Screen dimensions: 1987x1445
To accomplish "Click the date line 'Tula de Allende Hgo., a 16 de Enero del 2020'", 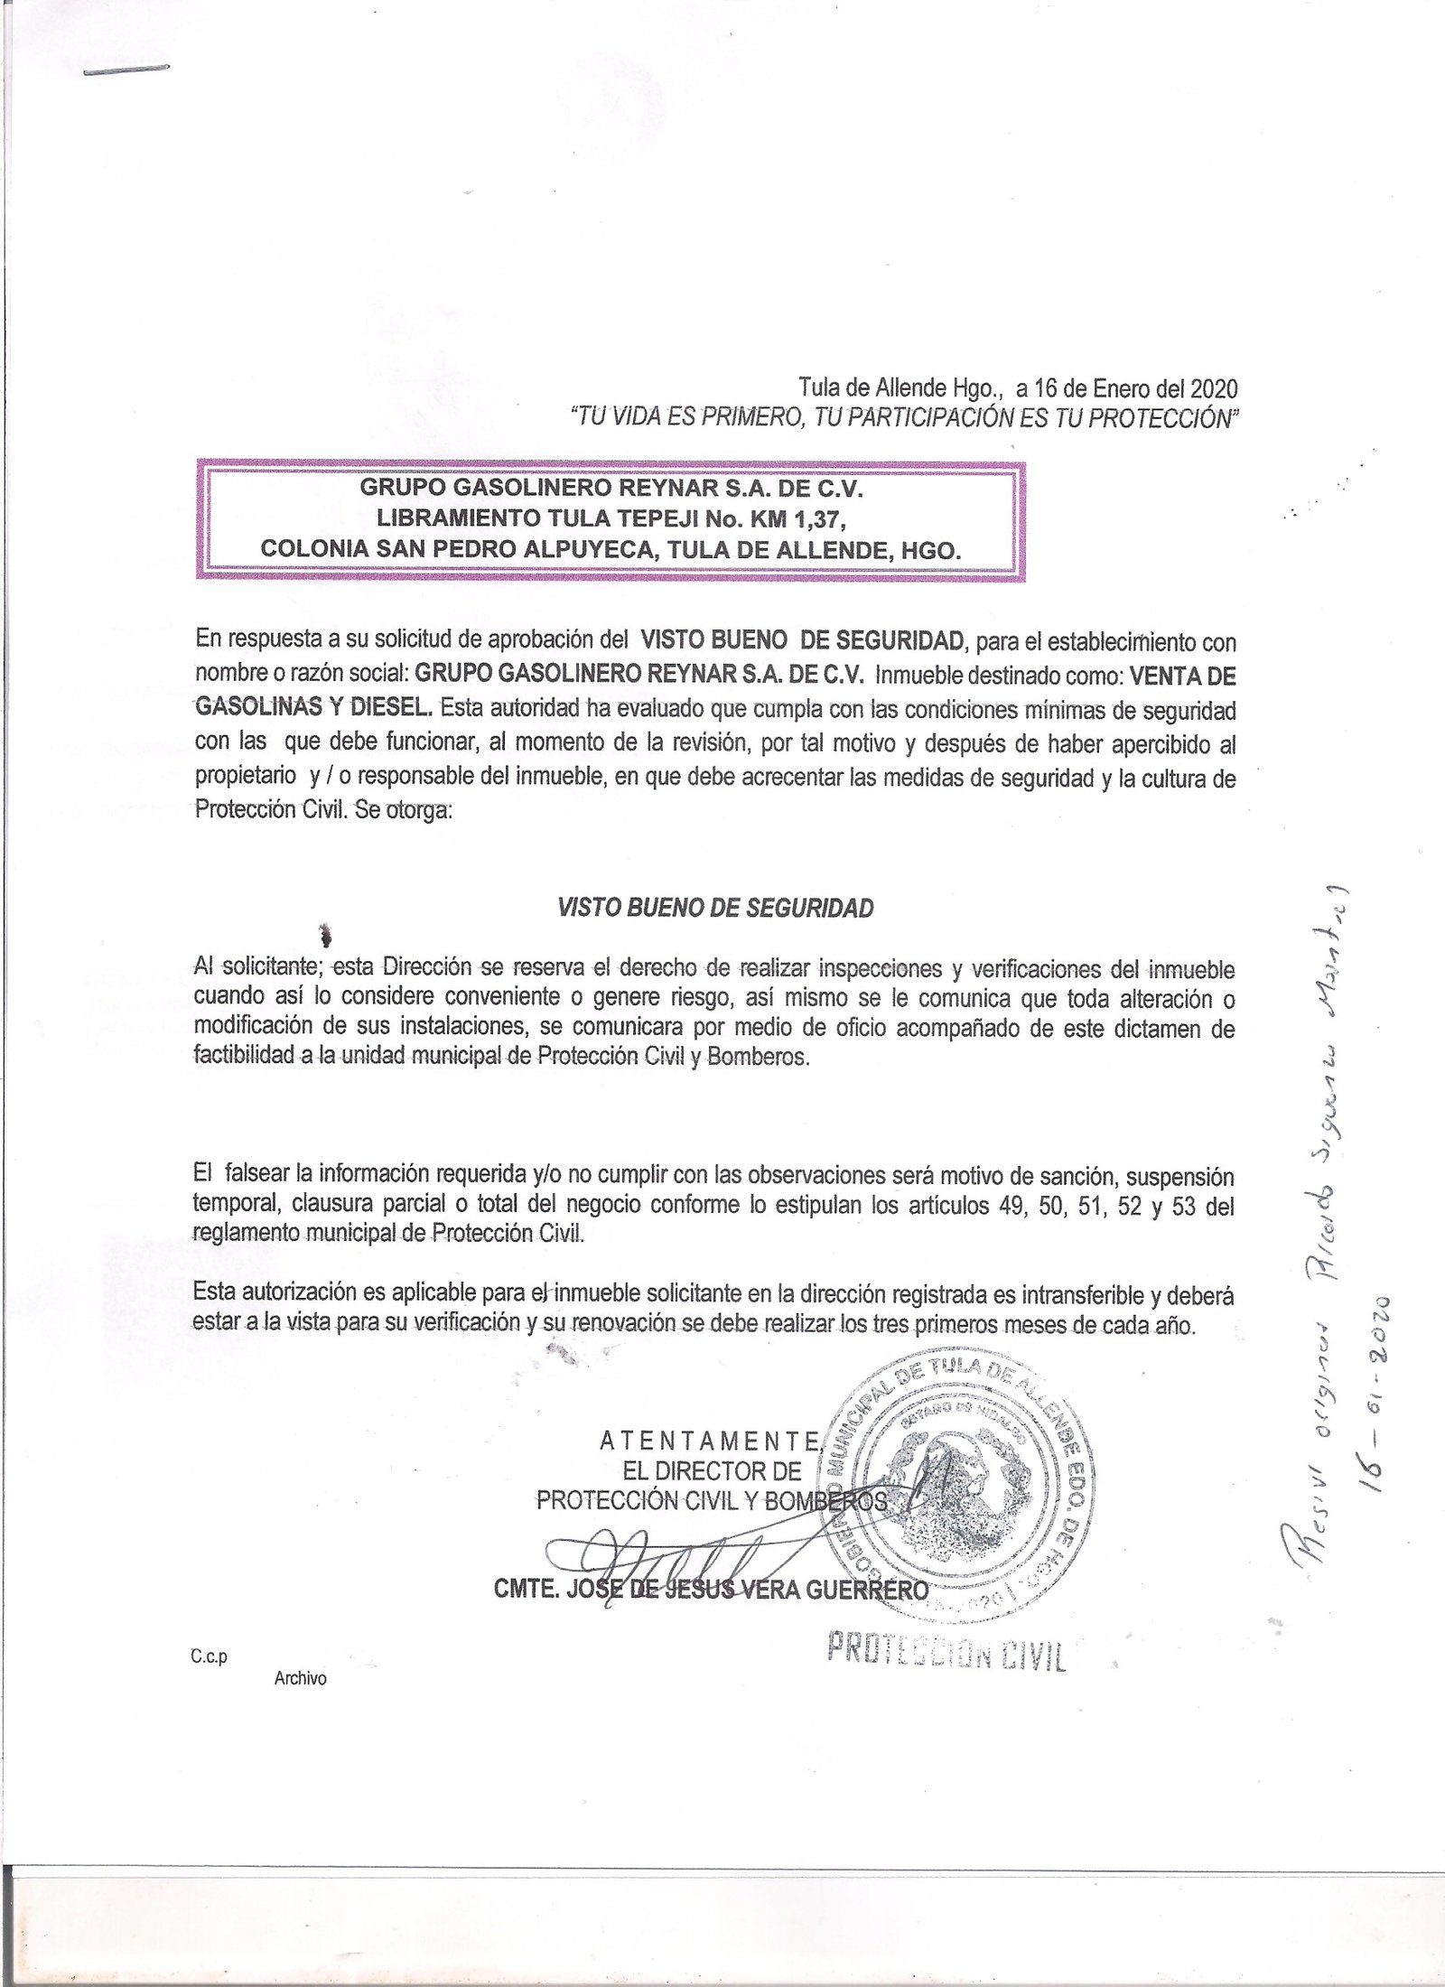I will pyautogui.click(x=1018, y=389).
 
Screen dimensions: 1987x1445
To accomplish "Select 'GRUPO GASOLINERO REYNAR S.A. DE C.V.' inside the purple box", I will pyautogui.click(x=612, y=489).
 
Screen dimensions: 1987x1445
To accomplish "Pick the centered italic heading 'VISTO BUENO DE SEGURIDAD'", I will pyautogui.click(x=716, y=909).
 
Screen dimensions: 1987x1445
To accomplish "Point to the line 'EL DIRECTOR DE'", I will pyautogui.click(x=711, y=1470).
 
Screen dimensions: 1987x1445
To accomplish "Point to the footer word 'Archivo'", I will pyautogui.click(x=301, y=1679).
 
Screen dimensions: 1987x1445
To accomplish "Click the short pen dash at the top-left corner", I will pyautogui.click(x=126, y=70).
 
